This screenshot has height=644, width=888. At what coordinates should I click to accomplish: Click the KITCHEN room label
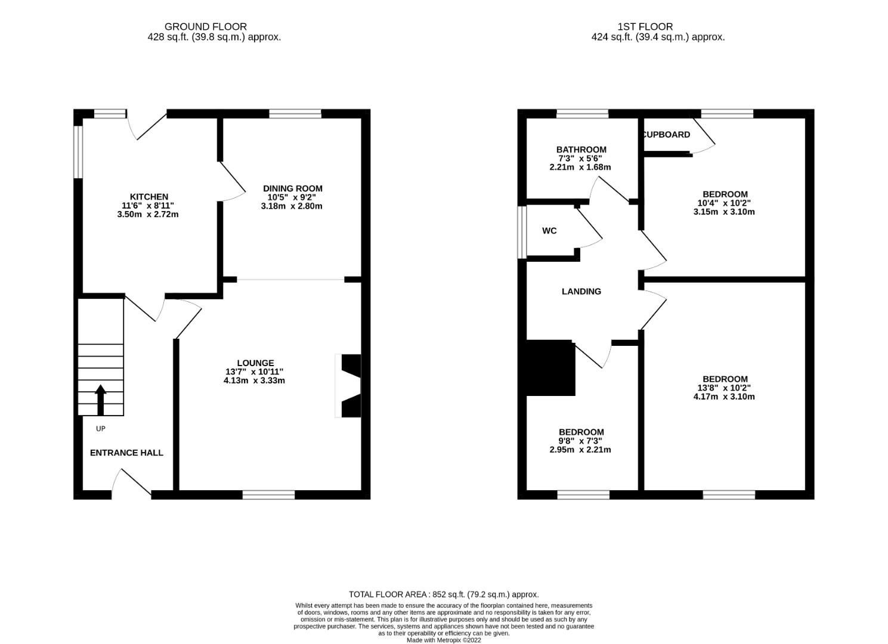(x=148, y=197)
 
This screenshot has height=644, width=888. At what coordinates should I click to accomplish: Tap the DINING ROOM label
(x=292, y=188)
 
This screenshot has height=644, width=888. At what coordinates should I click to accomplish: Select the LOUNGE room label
(x=255, y=363)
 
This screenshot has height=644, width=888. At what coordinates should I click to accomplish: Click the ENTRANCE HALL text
(x=126, y=453)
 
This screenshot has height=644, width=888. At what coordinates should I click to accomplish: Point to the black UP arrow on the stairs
(x=101, y=400)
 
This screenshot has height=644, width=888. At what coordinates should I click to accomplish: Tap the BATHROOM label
(x=581, y=150)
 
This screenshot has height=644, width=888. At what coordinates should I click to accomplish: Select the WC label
(x=549, y=231)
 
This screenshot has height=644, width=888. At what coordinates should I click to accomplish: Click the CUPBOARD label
(x=667, y=135)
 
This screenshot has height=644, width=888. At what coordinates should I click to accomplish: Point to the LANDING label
(x=581, y=292)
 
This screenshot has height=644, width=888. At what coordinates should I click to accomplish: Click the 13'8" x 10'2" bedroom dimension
(x=724, y=388)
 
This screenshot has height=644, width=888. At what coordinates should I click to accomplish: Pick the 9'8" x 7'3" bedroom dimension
(x=580, y=441)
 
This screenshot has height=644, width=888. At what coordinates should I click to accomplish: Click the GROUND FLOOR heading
(x=205, y=26)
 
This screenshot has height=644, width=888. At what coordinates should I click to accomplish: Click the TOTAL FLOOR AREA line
(x=444, y=595)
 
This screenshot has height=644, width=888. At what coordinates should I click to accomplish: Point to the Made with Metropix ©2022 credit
(x=444, y=640)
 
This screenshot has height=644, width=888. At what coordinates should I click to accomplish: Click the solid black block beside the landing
(x=550, y=368)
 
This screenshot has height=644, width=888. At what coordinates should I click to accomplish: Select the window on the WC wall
(x=522, y=233)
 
